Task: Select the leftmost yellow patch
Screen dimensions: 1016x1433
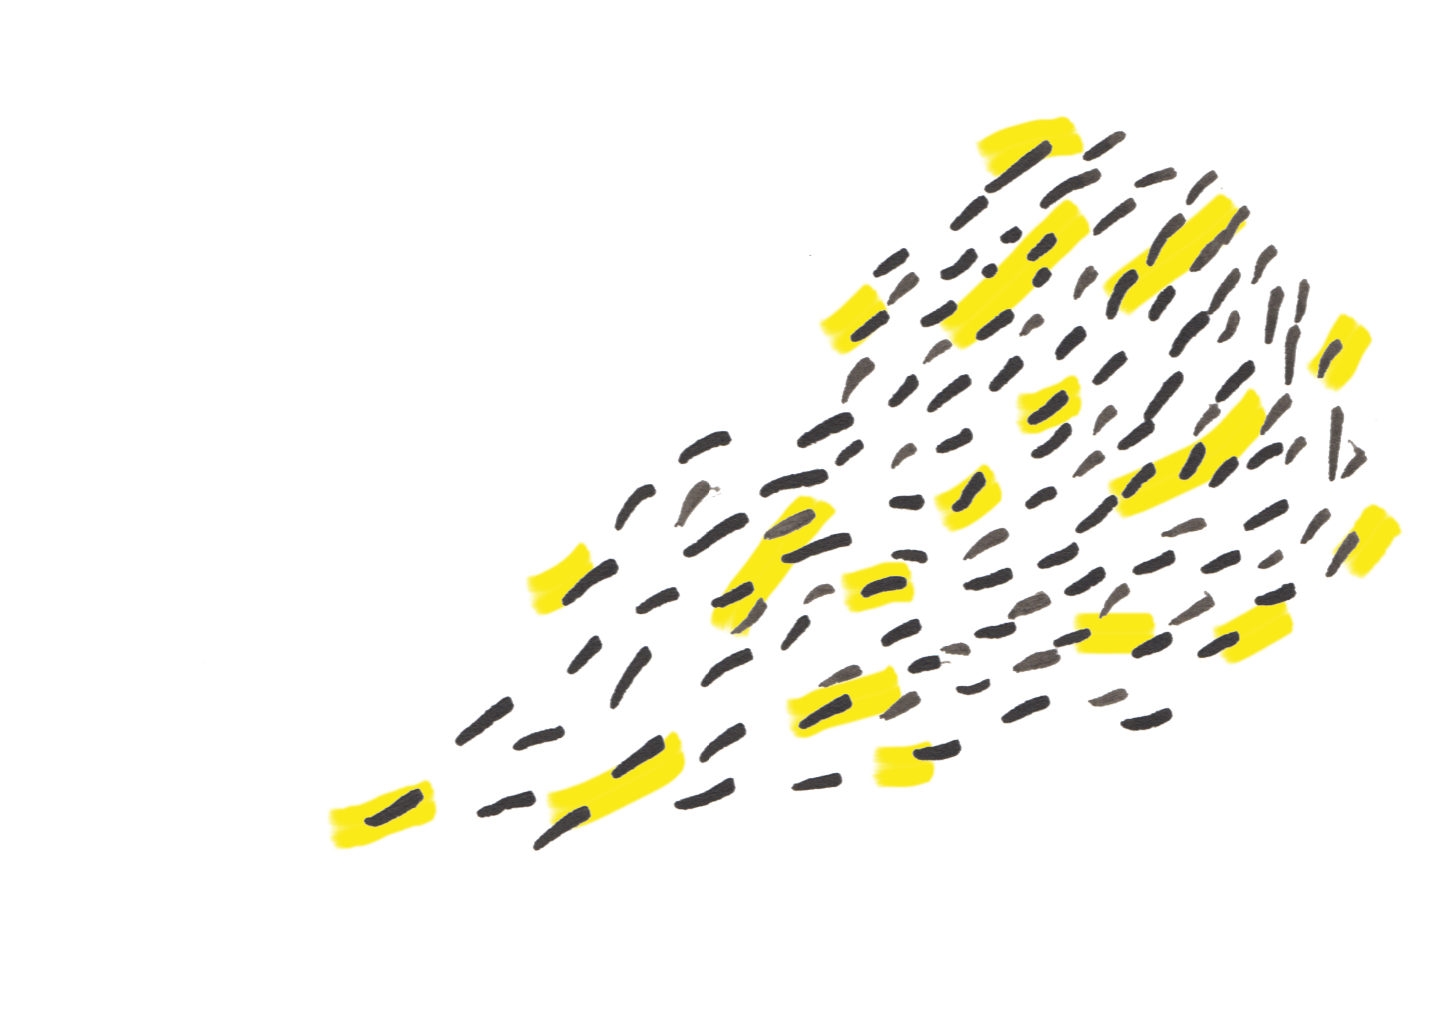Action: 382,813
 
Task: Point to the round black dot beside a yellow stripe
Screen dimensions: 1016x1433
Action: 989,270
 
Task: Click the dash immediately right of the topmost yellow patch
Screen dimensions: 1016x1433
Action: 1104,145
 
